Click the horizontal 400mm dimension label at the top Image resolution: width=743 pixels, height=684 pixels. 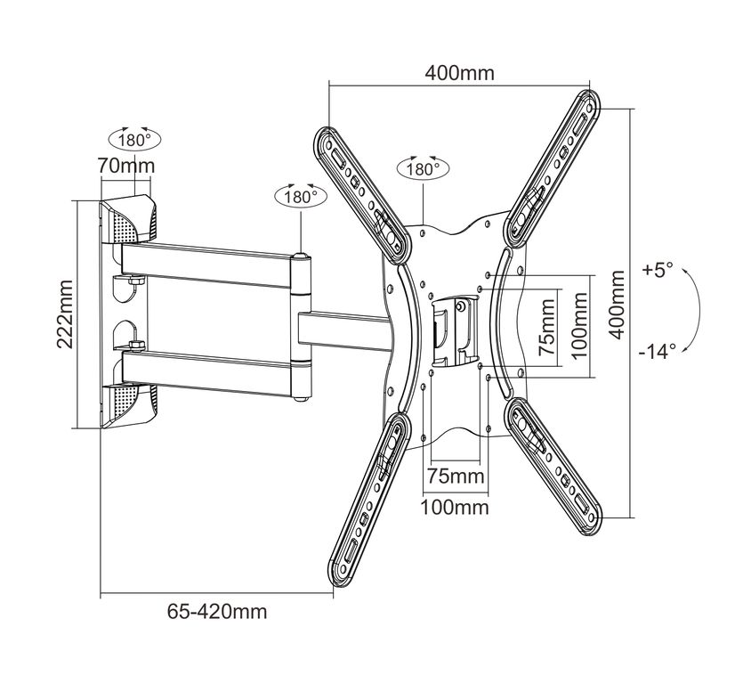pyautogui.click(x=459, y=73)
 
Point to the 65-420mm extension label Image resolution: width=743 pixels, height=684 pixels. pyautogui.click(x=217, y=612)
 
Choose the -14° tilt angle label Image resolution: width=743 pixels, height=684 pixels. pyautogui.click(x=657, y=350)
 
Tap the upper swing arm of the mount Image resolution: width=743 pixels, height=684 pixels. pyautogui.click(x=206, y=259)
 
